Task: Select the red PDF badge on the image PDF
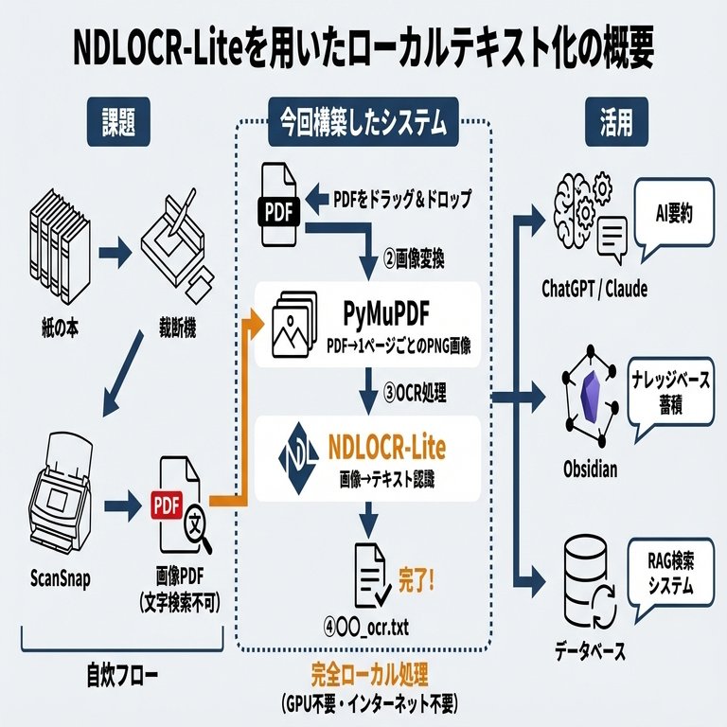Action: pos(166,502)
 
